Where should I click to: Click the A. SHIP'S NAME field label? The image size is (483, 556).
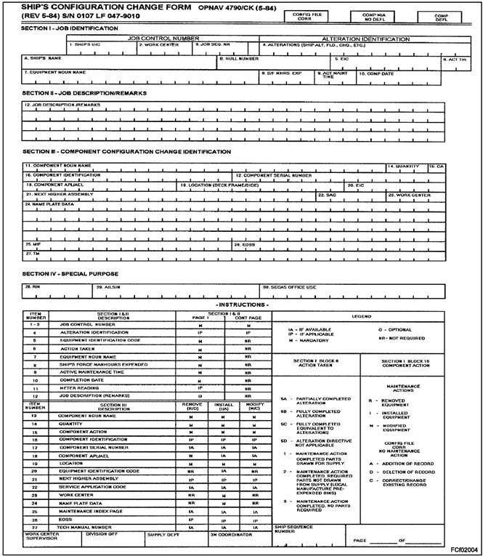click(x=41, y=57)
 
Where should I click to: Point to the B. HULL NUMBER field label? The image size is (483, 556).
click(x=238, y=57)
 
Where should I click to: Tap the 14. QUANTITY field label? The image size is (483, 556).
click(x=404, y=166)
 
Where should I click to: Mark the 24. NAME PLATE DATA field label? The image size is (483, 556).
click(x=49, y=204)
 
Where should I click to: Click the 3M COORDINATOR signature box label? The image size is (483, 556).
click(x=231, y=534)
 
